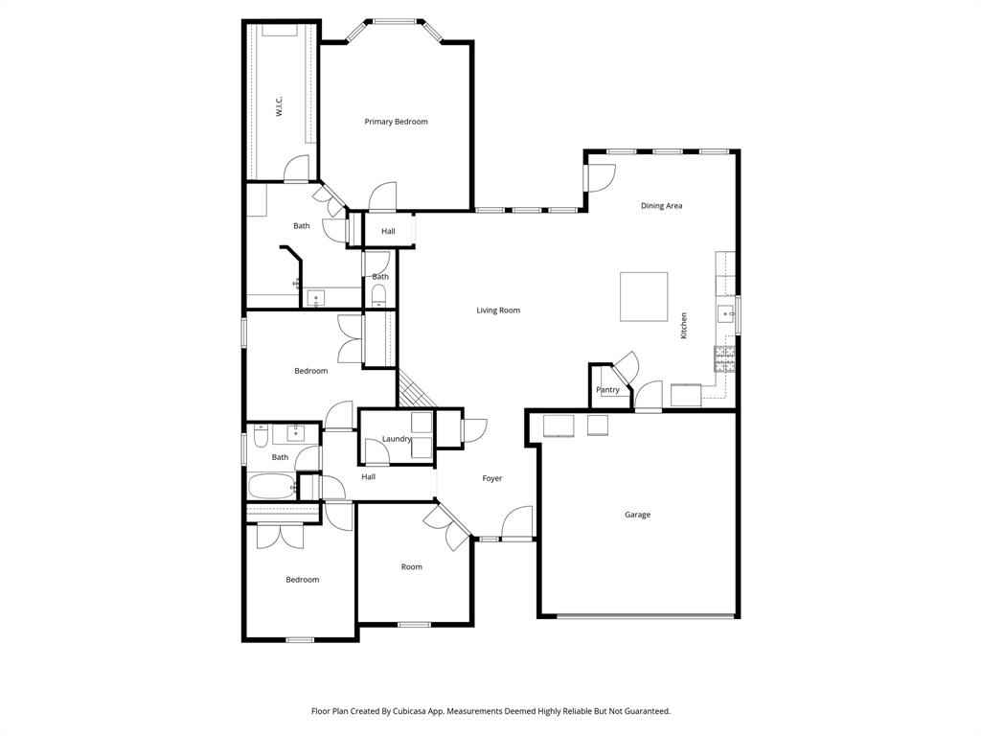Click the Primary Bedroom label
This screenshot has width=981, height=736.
396,122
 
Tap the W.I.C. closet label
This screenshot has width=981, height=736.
279,105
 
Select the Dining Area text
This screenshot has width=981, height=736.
661,206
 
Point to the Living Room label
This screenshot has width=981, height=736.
498,310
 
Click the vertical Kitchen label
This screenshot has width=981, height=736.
684,325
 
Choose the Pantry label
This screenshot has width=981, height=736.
607,390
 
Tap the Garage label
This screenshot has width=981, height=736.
637,515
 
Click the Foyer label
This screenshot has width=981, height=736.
491,478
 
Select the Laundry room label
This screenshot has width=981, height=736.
397,439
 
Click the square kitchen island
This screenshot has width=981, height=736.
644,297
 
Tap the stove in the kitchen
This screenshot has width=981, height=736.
724,358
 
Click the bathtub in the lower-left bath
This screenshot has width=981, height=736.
273,487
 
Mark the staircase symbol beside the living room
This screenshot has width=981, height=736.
416,389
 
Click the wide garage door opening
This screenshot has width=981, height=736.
646,616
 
